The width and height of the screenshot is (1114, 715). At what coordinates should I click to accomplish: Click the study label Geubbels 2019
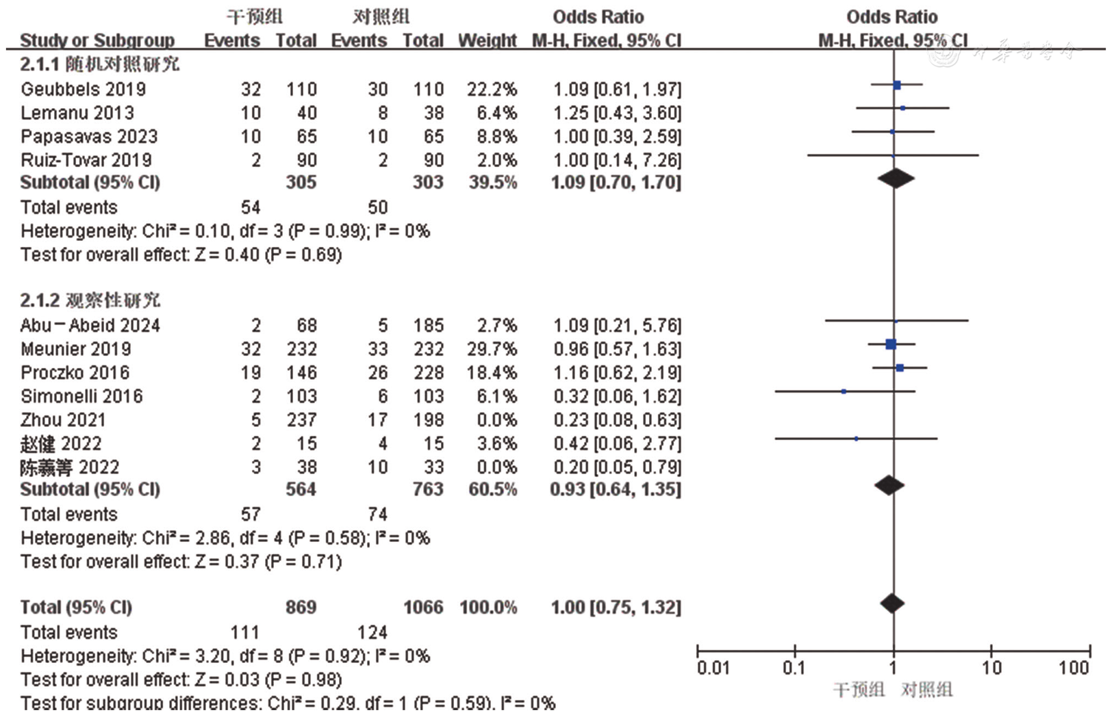tap(83, 89)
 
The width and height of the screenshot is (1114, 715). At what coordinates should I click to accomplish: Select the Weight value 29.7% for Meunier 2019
tap(492, 349)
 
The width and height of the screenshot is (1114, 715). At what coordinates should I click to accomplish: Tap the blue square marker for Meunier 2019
tap(891, 344)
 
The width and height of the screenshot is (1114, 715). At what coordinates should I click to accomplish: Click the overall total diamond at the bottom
tap(892, 603)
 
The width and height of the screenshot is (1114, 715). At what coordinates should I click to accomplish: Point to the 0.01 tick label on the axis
tap(713, 668)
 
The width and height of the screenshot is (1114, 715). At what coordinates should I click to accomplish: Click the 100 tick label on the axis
tap(1074, 668)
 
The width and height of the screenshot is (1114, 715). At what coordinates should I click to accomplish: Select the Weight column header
tap(487, 40)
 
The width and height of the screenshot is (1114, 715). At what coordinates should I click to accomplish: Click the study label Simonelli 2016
tap(81, 396)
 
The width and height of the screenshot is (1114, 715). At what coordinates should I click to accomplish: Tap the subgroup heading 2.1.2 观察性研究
tap(90, 300)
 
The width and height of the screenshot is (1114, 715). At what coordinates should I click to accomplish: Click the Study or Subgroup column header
tap(97, 40)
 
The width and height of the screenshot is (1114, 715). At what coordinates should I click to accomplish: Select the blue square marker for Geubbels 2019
tap(897, 85)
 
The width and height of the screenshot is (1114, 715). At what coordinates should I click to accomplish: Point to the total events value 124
tap(372, 632)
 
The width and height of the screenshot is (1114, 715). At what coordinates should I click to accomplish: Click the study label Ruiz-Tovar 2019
tap(86, 160)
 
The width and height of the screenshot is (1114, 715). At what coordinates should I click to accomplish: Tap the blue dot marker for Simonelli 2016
tap(844, 391)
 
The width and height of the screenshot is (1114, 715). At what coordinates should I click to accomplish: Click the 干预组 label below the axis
tap(859, 690)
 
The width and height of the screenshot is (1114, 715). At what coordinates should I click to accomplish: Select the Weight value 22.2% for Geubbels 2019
tap(492, 89)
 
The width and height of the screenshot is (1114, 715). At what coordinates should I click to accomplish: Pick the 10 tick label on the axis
tap(991, 668)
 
